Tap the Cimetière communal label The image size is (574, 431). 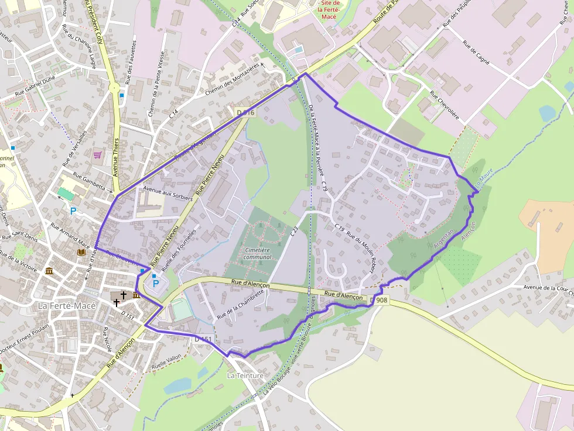pos(257,253)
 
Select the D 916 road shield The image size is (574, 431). pos(245,112)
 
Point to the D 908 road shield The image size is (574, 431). pos(379,300)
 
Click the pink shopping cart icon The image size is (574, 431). pos(97,155)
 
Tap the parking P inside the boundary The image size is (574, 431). pos(156,286)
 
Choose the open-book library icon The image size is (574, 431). pos(81,253)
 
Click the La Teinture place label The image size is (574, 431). pos(245,375)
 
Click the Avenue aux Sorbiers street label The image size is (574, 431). pos(168,194)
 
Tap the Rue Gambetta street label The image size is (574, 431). pos(89,181)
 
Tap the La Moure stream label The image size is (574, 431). pos(484,178)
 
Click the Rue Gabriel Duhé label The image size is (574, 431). pos(35,88)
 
